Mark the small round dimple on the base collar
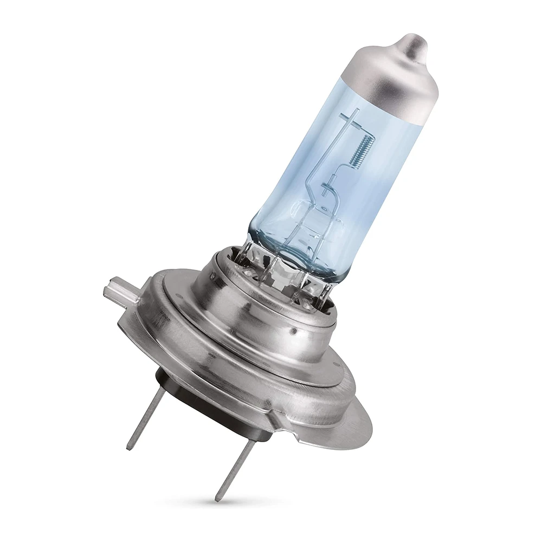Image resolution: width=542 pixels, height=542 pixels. pyautogui.click(x=293, y=329)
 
